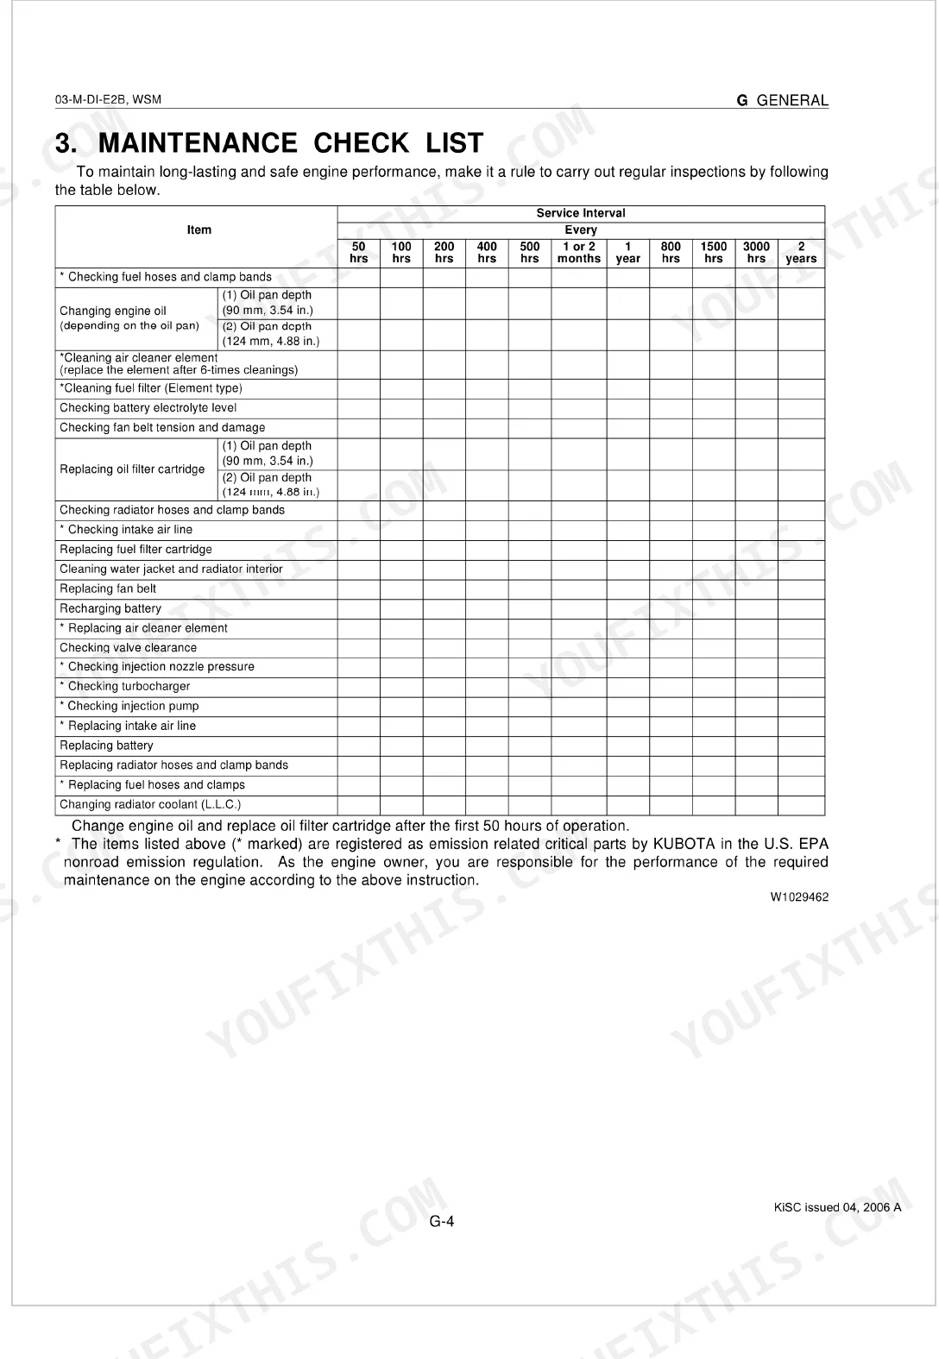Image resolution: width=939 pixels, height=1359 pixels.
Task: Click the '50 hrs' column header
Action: [x=358, y=252]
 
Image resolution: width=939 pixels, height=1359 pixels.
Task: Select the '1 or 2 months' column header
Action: [x=579, y=252]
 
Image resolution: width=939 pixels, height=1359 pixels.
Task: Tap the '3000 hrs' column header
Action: [x=756, y=252]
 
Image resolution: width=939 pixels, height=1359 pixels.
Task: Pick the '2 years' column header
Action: [x=801, y=252]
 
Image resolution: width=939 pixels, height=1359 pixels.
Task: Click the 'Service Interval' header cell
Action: [x=581, y=213]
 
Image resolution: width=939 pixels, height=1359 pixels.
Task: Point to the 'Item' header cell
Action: [x=199, y=230]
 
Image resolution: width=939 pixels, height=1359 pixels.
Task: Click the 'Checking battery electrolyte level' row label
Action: [x=148, y=408]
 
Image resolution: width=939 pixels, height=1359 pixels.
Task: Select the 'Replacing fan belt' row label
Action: [x=108, y=588]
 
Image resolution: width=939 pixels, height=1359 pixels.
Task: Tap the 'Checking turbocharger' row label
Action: [x=129, y=687]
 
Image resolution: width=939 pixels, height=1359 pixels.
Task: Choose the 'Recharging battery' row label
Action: [x=110, y=608]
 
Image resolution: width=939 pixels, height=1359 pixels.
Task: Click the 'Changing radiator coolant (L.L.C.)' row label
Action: [x=150, y=805]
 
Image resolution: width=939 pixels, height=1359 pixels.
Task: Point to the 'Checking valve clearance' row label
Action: [x=128, y=648]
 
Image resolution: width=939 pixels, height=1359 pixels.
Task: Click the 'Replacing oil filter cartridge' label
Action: [x=132, y=469]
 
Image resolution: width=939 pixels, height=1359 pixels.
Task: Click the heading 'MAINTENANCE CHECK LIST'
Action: [x=291, y=142]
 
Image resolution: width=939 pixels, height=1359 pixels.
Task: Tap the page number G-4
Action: [x=442, y=1221]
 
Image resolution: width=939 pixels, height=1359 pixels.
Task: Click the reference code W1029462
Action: [x=799, y=897]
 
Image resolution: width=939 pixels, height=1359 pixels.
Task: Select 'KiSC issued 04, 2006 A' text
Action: [x=837, y=1207]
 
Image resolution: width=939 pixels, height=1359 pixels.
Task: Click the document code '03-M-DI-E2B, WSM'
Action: [x=108, y=99]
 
